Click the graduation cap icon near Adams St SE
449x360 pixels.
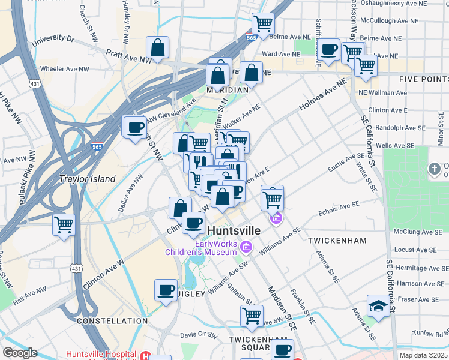pos(378,306)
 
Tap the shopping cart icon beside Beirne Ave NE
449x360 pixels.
pos(263,24)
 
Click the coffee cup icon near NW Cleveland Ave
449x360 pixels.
pos(135,127)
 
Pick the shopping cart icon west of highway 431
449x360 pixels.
pos(64,225)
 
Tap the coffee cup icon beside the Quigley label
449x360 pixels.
pos(166,290)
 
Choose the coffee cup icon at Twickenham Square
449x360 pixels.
pos(282,350)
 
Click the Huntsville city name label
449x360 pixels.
pos(234,230)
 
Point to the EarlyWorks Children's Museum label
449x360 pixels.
pos(201,248)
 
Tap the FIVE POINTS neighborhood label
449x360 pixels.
pos(423,79)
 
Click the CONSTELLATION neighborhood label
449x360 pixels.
pos(112,321)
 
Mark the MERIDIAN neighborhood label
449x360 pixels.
pos(227,89)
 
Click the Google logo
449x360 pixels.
pos(20,353)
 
